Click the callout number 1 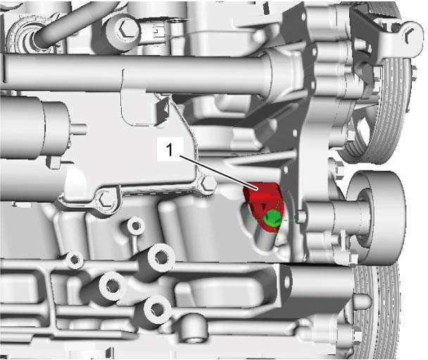[170, 150]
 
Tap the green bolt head [272, 217]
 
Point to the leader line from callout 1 [218, 173]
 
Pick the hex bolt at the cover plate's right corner [208, 184]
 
